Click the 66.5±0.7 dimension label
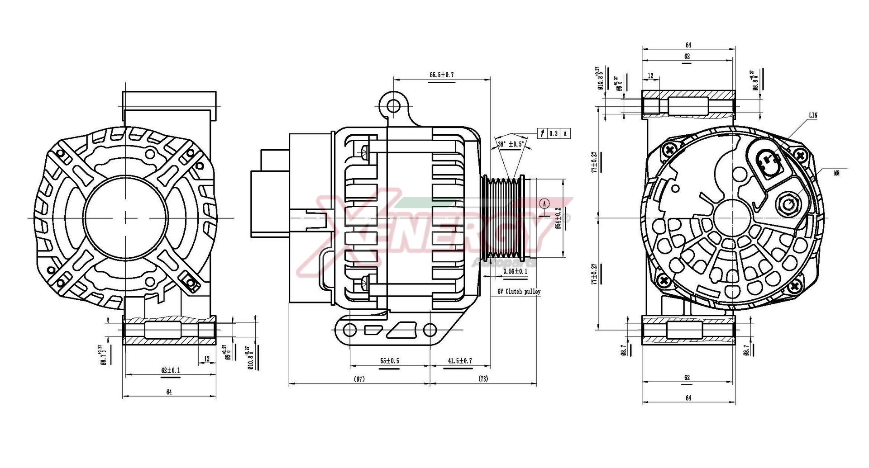441,75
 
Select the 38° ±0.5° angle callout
511,144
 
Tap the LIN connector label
813,115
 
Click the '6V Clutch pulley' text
519,292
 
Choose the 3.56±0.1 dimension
515,271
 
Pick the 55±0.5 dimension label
389,361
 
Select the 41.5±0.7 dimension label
460,361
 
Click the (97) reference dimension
358,379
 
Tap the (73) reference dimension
483,379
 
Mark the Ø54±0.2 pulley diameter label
558,218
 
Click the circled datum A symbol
545,204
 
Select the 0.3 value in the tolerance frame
554,133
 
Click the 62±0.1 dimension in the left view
170,370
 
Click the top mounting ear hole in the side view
393,106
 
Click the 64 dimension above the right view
688,45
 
